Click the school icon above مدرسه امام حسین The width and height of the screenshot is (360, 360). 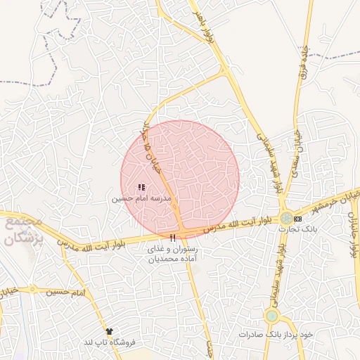tap(141, 187)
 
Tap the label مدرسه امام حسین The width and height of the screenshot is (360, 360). tap(141, 199)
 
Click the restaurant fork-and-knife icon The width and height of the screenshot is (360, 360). tap(173, 238)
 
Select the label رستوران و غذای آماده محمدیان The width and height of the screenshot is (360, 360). tap(173, 254)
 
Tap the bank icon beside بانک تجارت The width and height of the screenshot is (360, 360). tap(298, 219)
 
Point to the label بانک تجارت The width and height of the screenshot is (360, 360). tap(298, 229)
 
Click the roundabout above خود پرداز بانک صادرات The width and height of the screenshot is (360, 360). tap(272, 316)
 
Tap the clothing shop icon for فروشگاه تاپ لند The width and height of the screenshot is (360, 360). tap(108, 330)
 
